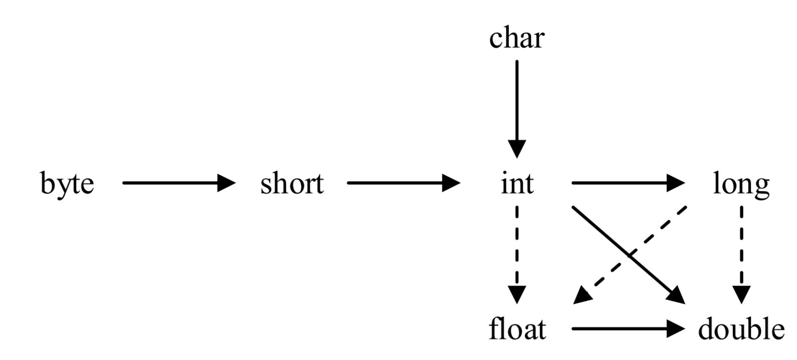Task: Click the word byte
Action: (67, 184)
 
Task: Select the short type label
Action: (292, 184)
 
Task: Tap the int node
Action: (517, 184)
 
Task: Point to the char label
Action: (517, 38)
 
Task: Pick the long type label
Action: (741, 184)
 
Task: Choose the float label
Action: (517, 330)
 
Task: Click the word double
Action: (741, 330)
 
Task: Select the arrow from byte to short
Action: (178, 184)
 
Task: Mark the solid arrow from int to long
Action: (627, 184)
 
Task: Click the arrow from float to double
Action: (627, 329)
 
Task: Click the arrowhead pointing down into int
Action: (517, 149)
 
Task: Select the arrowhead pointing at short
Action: (227, 184)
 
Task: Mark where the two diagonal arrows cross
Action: (629, 255)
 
